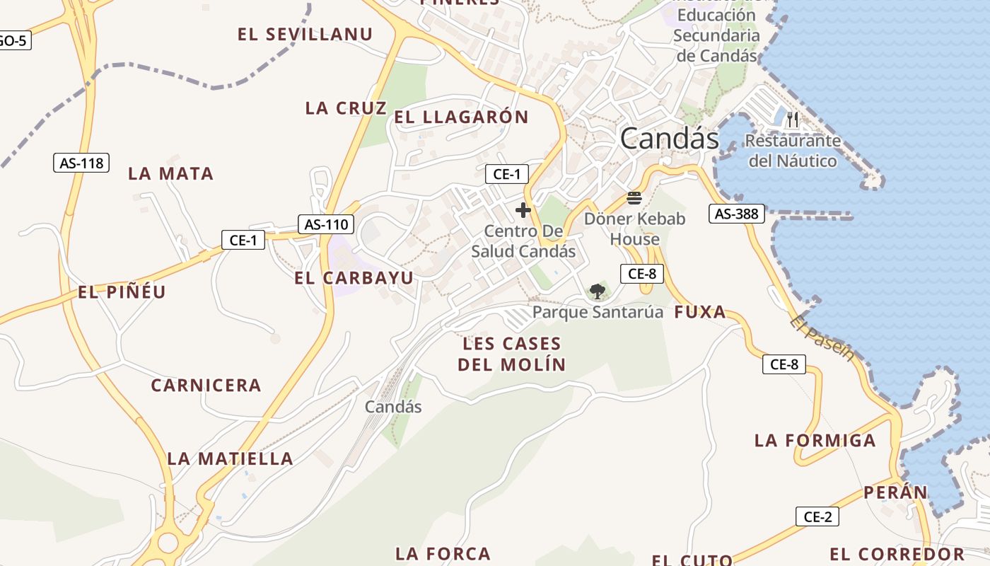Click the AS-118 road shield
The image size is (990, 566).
tap(81, 163)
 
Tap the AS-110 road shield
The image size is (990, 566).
tap(325, 225)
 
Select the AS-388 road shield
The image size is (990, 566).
tap(737, 213)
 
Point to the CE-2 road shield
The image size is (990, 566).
tap(817, 516)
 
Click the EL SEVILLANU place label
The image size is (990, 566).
tap(305, 35)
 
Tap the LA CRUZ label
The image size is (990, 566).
tap(346, 108)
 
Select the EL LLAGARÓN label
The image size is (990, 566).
tap(461, 117)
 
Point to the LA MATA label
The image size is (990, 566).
tap(170, 173)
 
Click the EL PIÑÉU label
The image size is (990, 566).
tap(122, 291)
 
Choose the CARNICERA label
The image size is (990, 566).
tap(206, 386)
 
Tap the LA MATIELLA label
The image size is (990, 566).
tap(230, 458)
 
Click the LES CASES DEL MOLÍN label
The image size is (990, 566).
tap(511, 354)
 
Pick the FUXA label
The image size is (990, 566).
tap(700, 312)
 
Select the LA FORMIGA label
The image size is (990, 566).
tap(815, 441)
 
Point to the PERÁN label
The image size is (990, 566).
tap(895, 492)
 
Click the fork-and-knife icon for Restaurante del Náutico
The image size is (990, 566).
tap(793, 120)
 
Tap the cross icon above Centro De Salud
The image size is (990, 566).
tap(523, 210)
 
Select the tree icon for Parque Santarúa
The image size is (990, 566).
tap(598, 291)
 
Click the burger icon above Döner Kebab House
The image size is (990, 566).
tap(634, 197)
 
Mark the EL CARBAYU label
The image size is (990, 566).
tap(354, 278)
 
